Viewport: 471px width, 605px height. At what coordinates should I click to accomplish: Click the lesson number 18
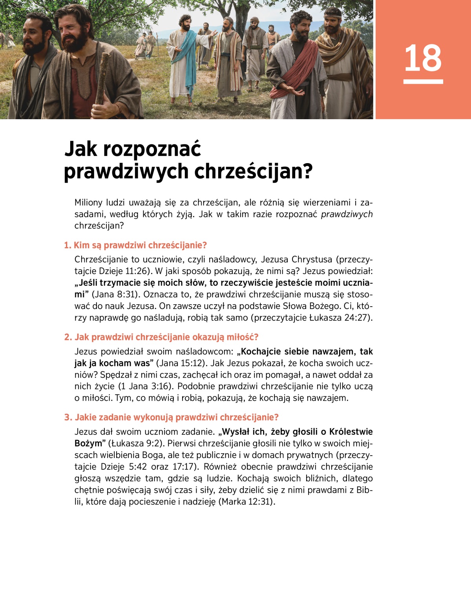[x=423, y=58]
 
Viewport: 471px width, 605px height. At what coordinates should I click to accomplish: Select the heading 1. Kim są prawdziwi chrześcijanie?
[x=135, y=245]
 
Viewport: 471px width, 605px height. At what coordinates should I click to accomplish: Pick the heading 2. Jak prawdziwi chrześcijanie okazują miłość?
[x=161, y=337]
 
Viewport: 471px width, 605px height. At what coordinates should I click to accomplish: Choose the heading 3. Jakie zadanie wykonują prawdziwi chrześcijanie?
[x=172, y=417]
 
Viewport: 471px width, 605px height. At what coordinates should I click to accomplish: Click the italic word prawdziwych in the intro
[x=347, y=214]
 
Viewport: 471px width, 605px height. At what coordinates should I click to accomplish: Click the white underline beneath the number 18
[x=423, y=82]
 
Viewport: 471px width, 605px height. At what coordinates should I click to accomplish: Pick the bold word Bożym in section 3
[x=88, y=443]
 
